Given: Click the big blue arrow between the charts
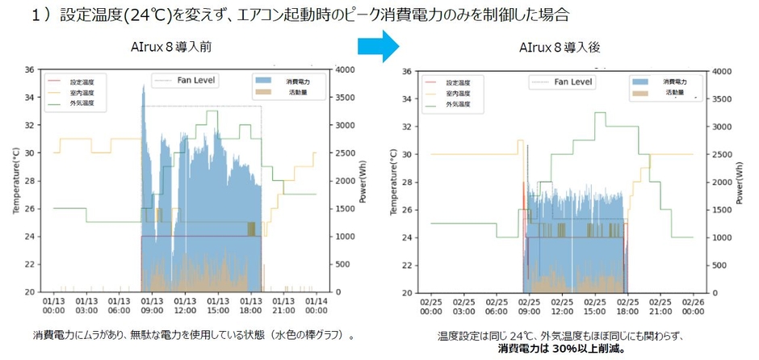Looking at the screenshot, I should click(379, 48).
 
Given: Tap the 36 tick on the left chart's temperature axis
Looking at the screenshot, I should click(30, 69).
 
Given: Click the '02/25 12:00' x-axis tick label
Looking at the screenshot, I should click(562, 307).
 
